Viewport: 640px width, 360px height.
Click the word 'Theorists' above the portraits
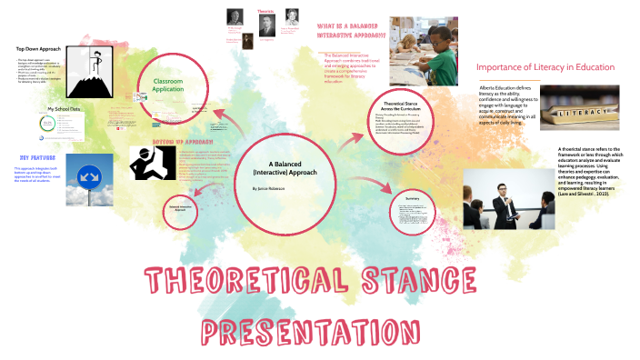(265, 11)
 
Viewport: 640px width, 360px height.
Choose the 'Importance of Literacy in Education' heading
(545, 67)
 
